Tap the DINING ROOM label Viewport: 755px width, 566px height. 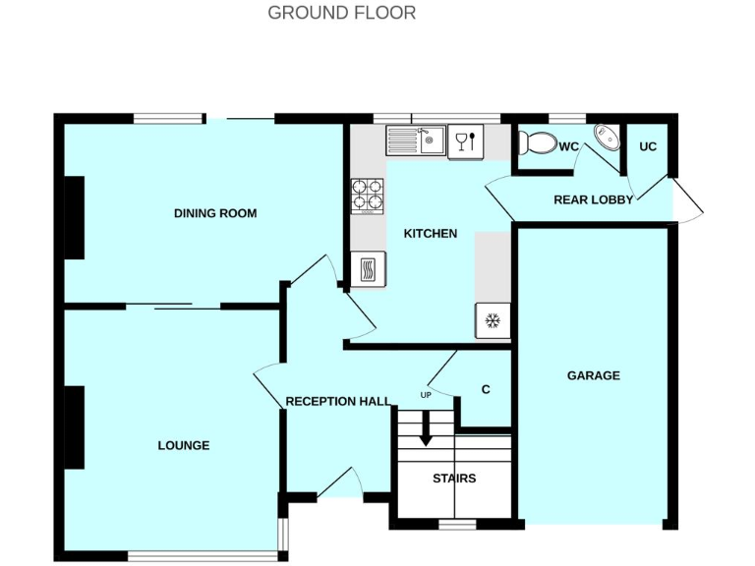coord(215,213)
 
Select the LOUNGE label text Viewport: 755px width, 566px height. coord(184,445)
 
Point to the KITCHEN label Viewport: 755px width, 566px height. coord(431,234)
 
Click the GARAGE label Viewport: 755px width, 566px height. coord(593,375)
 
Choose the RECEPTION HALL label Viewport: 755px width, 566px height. coord(338,401)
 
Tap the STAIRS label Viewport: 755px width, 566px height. coord(454,479)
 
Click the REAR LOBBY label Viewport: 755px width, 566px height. coord(593,199)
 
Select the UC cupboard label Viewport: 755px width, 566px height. coord(648,146)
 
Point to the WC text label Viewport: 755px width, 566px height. coord(569,146)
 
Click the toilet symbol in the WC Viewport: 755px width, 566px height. coord(537,144)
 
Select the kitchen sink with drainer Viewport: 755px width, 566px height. coord(416,141)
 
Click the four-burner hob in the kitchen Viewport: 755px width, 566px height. coord(368,194)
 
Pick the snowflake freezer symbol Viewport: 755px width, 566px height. coord(494,320)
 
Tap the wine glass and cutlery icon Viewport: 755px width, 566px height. coord(463,142)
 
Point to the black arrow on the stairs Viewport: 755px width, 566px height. coord(426,431)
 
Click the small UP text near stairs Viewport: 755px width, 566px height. coord(426,395)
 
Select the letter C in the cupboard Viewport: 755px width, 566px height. coord(485,389)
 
